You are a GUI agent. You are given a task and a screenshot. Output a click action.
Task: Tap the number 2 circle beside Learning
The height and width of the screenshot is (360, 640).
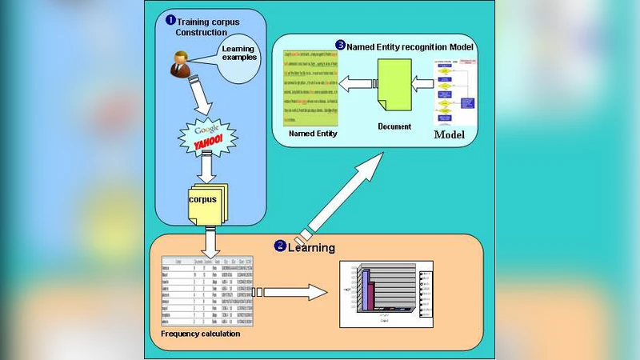280,246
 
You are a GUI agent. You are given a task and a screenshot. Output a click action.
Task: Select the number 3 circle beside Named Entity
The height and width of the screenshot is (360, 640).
340,46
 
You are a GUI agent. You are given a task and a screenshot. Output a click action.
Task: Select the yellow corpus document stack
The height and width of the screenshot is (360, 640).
207,201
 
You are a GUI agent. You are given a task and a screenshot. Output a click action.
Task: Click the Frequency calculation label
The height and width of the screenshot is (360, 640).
200,334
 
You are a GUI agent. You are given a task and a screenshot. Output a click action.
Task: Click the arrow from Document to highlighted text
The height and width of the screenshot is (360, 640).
355,82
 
